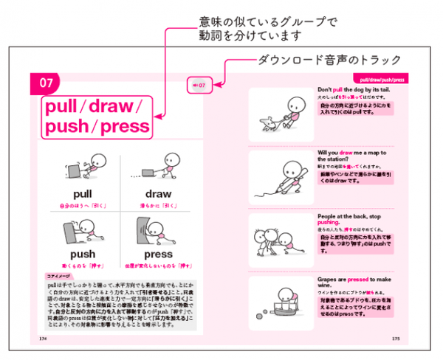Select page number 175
pyautogui.click(x=394, y=339)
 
